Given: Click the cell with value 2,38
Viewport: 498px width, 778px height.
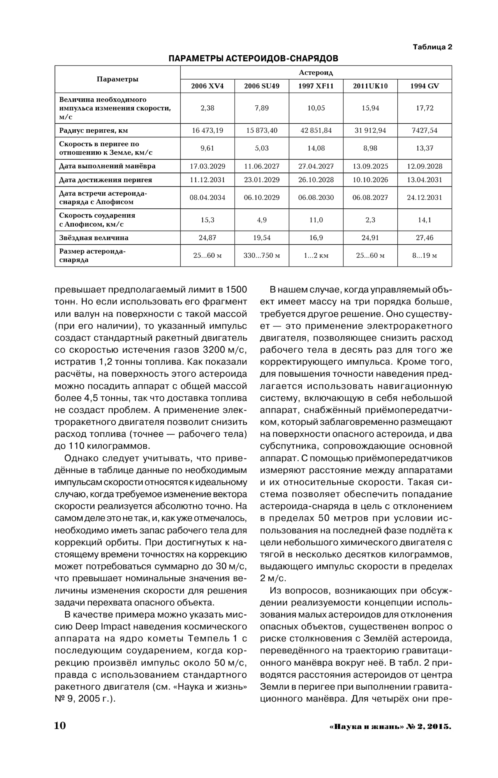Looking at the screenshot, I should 207,108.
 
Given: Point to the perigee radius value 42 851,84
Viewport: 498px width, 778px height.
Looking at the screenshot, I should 316,130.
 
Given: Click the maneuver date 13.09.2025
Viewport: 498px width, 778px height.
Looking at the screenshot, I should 370,166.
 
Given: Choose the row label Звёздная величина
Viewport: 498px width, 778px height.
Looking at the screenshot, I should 94,238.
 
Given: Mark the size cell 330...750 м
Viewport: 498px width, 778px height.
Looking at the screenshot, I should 262,256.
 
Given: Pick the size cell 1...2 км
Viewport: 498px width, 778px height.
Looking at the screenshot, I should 316,256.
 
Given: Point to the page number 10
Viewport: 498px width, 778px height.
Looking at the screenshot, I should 60,726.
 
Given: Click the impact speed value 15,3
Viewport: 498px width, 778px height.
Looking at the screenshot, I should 207,220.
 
